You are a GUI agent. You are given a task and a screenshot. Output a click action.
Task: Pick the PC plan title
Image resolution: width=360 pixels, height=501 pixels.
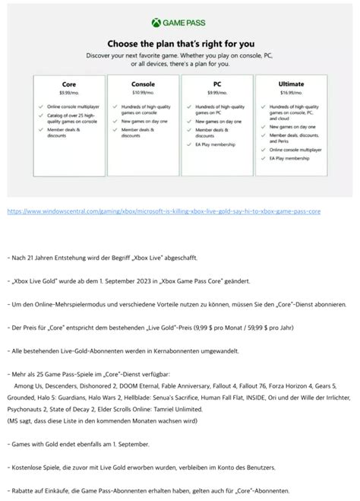217,84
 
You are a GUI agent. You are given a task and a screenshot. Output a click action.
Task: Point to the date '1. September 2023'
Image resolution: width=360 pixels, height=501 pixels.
166,281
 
